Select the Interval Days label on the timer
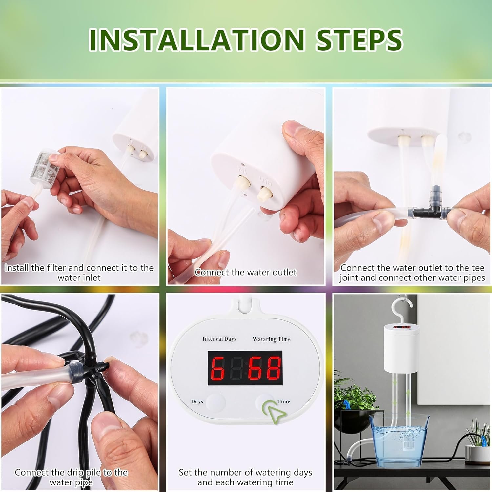pos(219,339)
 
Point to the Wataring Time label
pos(271,339)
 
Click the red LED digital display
pos(245,368)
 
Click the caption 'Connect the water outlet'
pos(245,272)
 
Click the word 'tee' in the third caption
pos(478,268)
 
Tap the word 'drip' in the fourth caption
pos(75,472)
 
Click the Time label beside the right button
pos(284,401)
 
